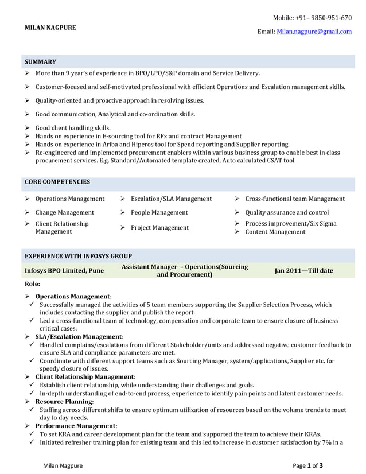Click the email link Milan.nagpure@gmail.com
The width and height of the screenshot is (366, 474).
314,32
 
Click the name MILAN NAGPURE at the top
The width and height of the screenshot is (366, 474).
50,27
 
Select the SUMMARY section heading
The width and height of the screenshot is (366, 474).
40,61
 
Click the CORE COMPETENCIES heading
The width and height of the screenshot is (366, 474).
57,182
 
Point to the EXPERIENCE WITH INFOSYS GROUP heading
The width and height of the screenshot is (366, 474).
78,256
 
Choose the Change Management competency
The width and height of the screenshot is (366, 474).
64,212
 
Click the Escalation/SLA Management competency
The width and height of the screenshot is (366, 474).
171,199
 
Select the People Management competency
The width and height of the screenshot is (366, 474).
159,212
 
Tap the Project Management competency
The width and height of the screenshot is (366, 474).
159,228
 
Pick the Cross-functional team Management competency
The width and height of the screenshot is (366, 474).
295,199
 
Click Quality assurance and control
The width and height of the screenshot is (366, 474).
287,212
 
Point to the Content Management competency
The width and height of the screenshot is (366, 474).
275,232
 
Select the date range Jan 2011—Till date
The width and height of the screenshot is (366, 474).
303,270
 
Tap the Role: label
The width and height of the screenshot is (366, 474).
32,283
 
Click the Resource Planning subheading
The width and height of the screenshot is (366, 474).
64,402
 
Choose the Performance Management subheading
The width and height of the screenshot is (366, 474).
76,426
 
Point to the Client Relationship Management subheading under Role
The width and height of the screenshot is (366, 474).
85,376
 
